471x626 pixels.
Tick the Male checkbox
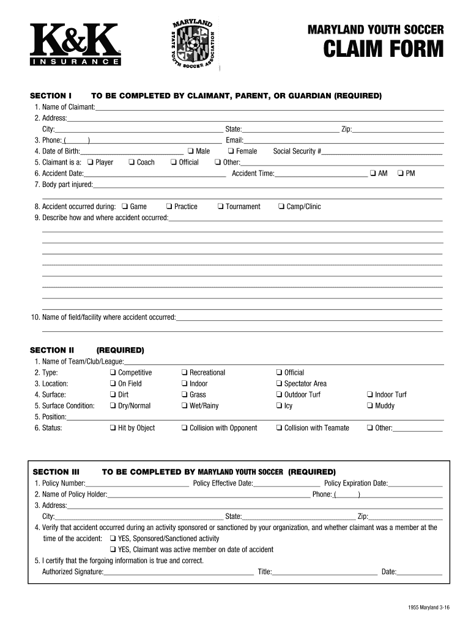point(191,152)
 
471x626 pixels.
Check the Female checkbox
point(231,152)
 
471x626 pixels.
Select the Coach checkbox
point(132,163)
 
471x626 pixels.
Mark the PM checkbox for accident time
point(400,174)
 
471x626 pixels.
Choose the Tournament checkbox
point(220,207)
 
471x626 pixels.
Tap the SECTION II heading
point(52,350)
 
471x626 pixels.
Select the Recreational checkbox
point(184,373)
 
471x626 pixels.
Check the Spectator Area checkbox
point(279,384)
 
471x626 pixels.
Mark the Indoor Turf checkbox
point(369,395)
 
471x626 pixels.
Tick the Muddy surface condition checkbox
point(369,406)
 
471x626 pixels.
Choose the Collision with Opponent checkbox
point(184,428)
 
